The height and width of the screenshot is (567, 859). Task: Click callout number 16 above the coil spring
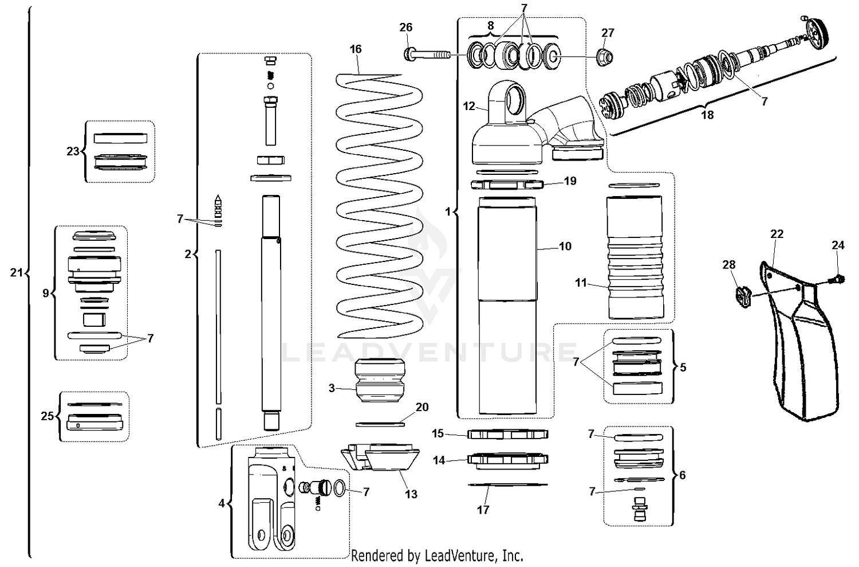356,49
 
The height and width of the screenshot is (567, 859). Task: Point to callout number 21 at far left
16,273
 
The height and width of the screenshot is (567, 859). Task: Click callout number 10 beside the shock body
565,247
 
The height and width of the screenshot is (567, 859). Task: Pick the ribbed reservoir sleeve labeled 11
635,258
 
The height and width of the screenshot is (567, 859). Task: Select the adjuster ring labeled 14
508,459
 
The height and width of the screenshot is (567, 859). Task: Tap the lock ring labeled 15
508,434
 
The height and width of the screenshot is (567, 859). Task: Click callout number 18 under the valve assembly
707,115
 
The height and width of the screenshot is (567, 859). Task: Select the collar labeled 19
507,185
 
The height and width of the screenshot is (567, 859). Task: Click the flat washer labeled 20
380,424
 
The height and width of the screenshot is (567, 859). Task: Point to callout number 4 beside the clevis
222,504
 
